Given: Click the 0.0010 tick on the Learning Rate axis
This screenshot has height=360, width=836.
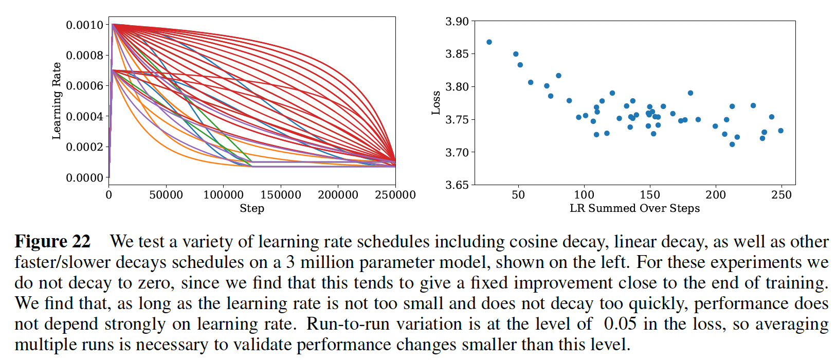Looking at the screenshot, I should coord(84,25).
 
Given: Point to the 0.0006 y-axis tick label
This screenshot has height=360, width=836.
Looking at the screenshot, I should coord(84,86).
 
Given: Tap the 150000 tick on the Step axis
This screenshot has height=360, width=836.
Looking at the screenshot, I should coord(281,195).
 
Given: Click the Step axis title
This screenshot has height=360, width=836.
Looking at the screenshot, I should coord(252,208).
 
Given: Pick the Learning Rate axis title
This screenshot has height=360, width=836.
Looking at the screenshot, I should coord(57,101).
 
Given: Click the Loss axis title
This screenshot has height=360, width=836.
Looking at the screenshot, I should coord(436,102).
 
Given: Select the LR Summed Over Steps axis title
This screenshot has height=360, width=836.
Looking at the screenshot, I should coord(634,208).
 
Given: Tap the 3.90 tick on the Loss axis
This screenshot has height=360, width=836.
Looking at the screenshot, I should coord(457,22).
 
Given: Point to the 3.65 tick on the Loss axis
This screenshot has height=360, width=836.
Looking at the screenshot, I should coord(457,185).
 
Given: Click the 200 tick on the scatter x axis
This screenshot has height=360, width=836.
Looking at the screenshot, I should coord(716,195).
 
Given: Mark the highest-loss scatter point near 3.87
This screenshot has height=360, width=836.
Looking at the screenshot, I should coord(489,42).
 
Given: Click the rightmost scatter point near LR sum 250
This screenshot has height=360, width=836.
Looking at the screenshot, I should coord(780,131).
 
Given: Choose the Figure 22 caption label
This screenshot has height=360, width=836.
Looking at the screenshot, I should coord(52,242).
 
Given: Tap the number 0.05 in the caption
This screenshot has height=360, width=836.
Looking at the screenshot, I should coord(620,324).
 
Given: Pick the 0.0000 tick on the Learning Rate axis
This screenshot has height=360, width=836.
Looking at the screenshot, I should coord(84,178).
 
